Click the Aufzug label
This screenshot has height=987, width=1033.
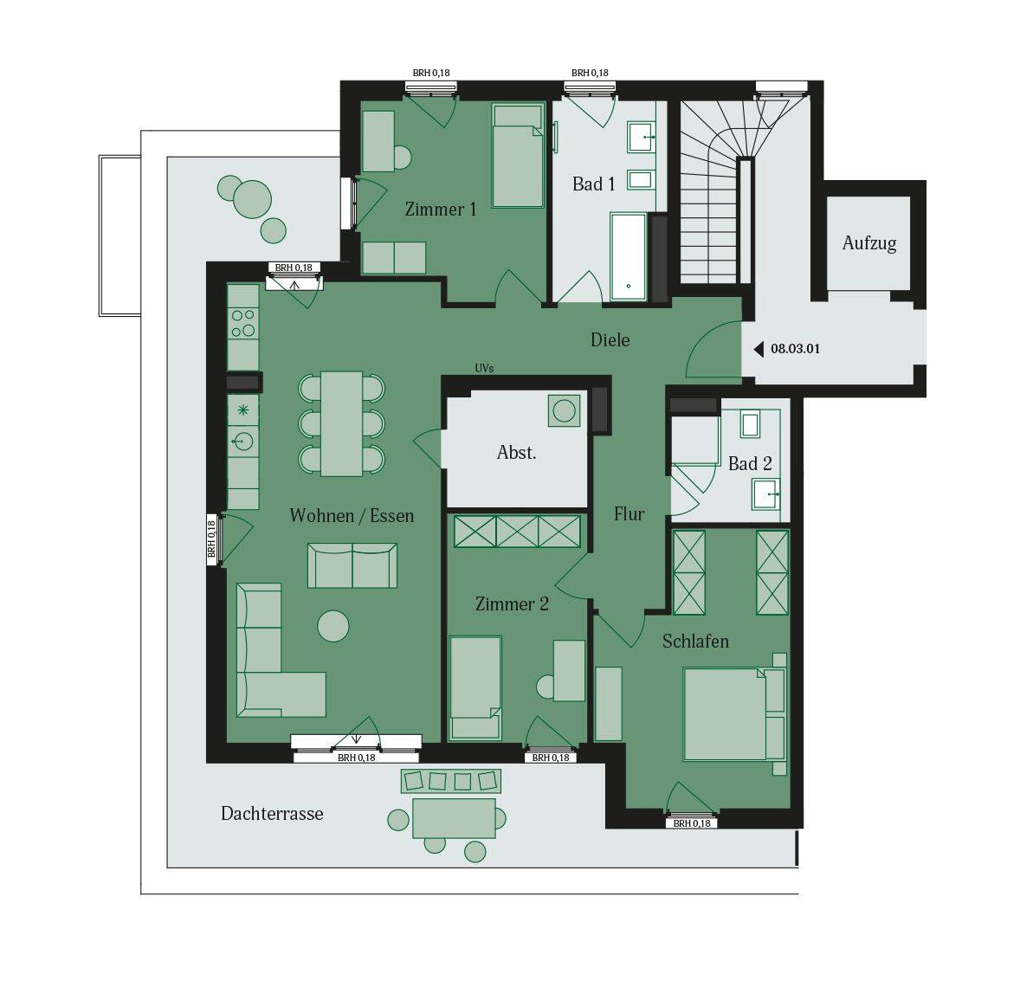[x=869, y=244]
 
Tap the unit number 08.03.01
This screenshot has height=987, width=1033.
[x=795, y=349]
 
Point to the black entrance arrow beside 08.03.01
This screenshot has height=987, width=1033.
[x=759, y=349]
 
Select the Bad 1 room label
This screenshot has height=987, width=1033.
[x=594, y=184]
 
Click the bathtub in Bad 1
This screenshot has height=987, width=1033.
[x=629, y=256]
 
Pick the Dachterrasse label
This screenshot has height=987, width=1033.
[x=272, y=814]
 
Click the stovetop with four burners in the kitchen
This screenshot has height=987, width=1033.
[x=243, y=323]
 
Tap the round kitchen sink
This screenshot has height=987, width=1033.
[x=242, y=441]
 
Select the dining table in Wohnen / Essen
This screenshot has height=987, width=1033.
[x=341, y=423]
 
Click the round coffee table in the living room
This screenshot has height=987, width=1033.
[x=333, y=626]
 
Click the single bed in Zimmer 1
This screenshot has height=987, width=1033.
[x=518, y=156]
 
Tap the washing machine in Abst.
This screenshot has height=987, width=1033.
[x=565, y=410]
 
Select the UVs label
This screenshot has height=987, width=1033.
[x=484, y=368]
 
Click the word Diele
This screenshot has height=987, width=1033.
[x=610, y=340]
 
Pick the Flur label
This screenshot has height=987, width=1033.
[x=629, y=514]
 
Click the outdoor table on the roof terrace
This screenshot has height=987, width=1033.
[x=454, y=818]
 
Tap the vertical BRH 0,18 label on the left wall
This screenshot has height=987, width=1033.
[x=211, y=539]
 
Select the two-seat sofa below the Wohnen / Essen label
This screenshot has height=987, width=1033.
[x=352, y=565]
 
